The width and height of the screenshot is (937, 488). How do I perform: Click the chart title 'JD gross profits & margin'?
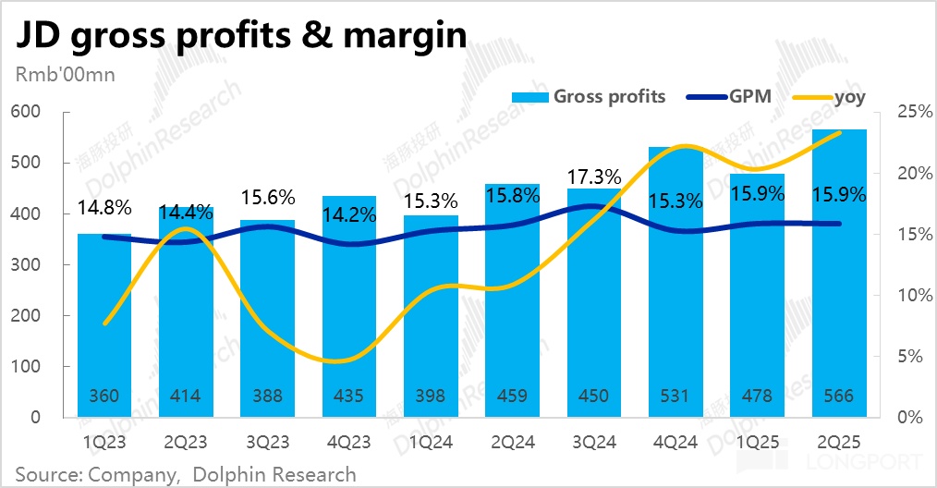pyautogui.click(x=237, y=37)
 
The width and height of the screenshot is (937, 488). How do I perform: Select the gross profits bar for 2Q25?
pyautogui.click(x=839, y=277)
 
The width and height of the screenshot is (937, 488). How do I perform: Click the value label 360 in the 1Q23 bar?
pyautogui.click(x=103, y=396)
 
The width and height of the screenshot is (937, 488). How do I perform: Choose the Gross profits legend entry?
pyautogui.click(x=609, y=96)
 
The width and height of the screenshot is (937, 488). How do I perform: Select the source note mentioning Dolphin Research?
pyautogui.click(x=186, y=474)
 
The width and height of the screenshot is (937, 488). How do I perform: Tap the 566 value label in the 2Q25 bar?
pyautogui.click(x=839, y=396)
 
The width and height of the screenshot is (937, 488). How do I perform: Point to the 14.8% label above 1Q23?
pyautogui.click(x=104, y=207)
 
